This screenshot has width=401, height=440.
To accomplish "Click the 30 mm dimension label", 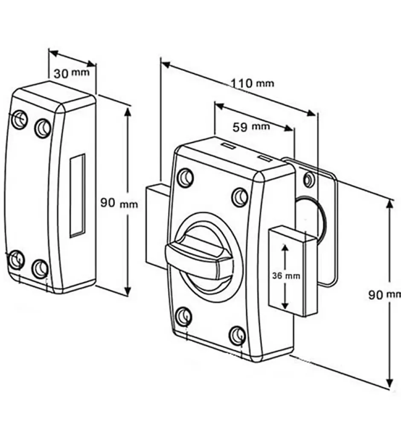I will coord(71,73).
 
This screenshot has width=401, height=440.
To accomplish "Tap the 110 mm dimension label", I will coord(253,83).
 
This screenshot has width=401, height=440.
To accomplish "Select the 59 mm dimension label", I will coord(251,127).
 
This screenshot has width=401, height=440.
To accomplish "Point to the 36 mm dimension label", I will coord(286,276).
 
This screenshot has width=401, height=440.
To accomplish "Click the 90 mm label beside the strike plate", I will coord(119,203).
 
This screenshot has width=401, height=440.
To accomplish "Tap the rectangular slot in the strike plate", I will coord(77,195).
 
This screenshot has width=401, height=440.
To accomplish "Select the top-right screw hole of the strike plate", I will coord(43,127).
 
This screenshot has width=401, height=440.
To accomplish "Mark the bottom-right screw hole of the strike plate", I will coord(40,268).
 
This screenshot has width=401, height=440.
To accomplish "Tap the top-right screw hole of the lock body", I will coord(240,197).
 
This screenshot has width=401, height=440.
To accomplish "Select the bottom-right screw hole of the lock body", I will coord(237,336).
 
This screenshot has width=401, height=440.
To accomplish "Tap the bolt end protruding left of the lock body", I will coord(156,226).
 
